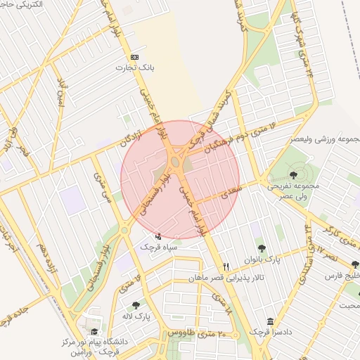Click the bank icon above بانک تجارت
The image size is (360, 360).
click(135, 57)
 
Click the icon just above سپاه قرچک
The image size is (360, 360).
click(157, 236)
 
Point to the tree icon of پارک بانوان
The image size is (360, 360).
click(262, 247)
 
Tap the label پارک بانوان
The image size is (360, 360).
click(262, 259)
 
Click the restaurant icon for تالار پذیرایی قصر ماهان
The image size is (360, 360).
click(226, 266)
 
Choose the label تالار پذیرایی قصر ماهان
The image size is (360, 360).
click(226, 278)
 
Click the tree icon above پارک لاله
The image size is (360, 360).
click(136, 305)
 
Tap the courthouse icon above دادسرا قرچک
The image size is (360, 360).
click(270, 321)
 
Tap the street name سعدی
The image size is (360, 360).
click(230, 191)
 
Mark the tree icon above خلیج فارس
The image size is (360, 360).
click(354, 265)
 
